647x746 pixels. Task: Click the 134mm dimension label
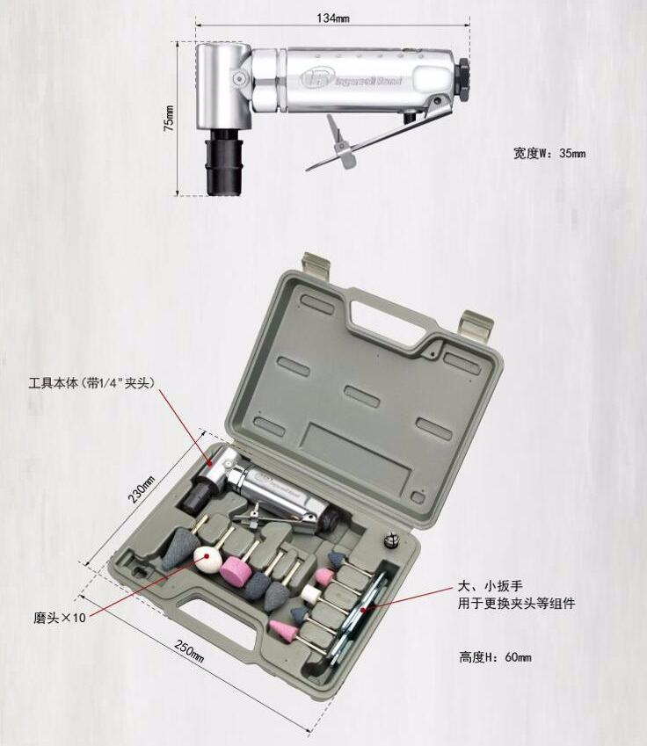click(333, 18)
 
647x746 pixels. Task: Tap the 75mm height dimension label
click(169, 119)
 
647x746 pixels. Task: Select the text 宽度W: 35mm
click(549, 153)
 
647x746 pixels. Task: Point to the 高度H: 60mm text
click(495, 657)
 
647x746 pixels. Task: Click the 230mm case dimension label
click(142, 489)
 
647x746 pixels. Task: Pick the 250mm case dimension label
click(190, 651)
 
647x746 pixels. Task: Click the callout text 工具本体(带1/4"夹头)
click(92, 383)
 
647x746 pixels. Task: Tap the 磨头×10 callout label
click(60, 618)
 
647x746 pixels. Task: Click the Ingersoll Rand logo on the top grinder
click(352, 79)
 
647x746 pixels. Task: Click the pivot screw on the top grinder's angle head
click(239, 77)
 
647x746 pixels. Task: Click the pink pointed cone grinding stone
click(284, 629)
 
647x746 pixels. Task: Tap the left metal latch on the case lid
click(316, 265)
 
